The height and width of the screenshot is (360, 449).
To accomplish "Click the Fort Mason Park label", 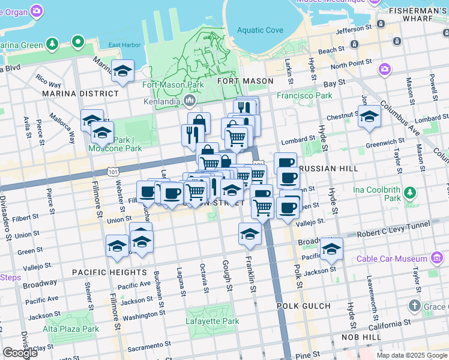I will point(173,85).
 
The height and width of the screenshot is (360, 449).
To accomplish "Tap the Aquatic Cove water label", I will point(259,31).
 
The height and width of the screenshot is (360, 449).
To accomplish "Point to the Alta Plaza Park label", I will point(71,329).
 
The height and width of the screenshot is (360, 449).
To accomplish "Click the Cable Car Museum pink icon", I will point(437,259).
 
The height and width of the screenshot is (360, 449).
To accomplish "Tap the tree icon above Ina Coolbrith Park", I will point(409,193).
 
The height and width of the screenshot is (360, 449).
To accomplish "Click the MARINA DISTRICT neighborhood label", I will point(80,94).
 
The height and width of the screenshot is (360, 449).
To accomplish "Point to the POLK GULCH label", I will point(303,306).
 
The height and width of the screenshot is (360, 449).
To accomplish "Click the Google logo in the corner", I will point(20,353).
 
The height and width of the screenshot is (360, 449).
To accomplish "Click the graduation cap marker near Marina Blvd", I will point(122,71).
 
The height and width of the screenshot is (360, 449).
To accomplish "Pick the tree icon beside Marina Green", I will point(53,44).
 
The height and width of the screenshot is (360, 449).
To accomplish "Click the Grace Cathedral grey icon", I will point(414,307).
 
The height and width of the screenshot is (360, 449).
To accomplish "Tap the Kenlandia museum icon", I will point(190,100).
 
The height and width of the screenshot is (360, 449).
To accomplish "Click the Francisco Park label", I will point(304,95).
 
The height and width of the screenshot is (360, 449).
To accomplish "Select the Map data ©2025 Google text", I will point(411,355).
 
